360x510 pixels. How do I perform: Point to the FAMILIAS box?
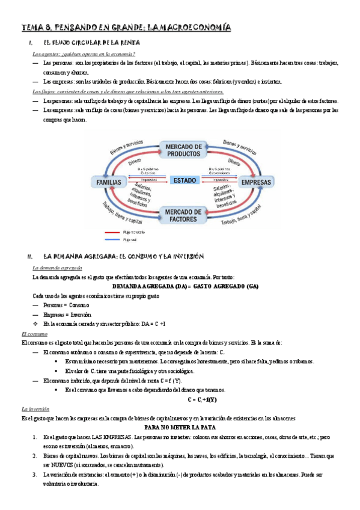tap(109, 182)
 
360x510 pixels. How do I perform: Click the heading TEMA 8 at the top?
tap(127, 28)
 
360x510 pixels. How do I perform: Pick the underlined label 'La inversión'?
tap(34, 408)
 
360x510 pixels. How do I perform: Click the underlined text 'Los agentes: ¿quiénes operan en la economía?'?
tap(84, 54)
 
